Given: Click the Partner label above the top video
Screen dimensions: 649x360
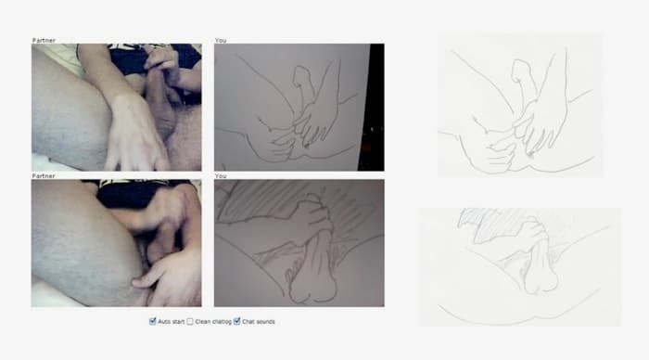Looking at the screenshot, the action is tap(44, 40).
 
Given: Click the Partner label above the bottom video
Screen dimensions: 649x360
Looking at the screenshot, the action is tap(44, 175).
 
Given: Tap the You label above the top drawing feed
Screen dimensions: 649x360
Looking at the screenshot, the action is tap(221, 40).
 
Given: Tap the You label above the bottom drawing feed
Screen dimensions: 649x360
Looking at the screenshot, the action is tap(221, 175).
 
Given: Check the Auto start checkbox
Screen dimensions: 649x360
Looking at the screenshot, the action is tap(153, 321).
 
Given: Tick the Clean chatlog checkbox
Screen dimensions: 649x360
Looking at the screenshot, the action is tap(190, 321).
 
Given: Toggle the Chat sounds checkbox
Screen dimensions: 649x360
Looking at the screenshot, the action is tap(236, 321).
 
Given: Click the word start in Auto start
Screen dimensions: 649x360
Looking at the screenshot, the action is tap(178, 322).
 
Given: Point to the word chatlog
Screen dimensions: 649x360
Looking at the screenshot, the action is tap(221, 322).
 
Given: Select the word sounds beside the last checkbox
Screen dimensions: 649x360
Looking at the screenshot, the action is tap(265, 322).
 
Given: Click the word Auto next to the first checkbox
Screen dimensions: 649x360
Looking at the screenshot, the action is tap(163, 322).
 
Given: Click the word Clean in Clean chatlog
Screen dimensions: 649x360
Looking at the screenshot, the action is tap(202, 322).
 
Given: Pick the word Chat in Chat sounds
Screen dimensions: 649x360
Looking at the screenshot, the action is tap(248, 322).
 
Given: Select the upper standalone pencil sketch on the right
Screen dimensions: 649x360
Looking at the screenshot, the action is tap(520, 105).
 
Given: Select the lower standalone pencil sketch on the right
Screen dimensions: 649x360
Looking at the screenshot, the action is tap(520, 267).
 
